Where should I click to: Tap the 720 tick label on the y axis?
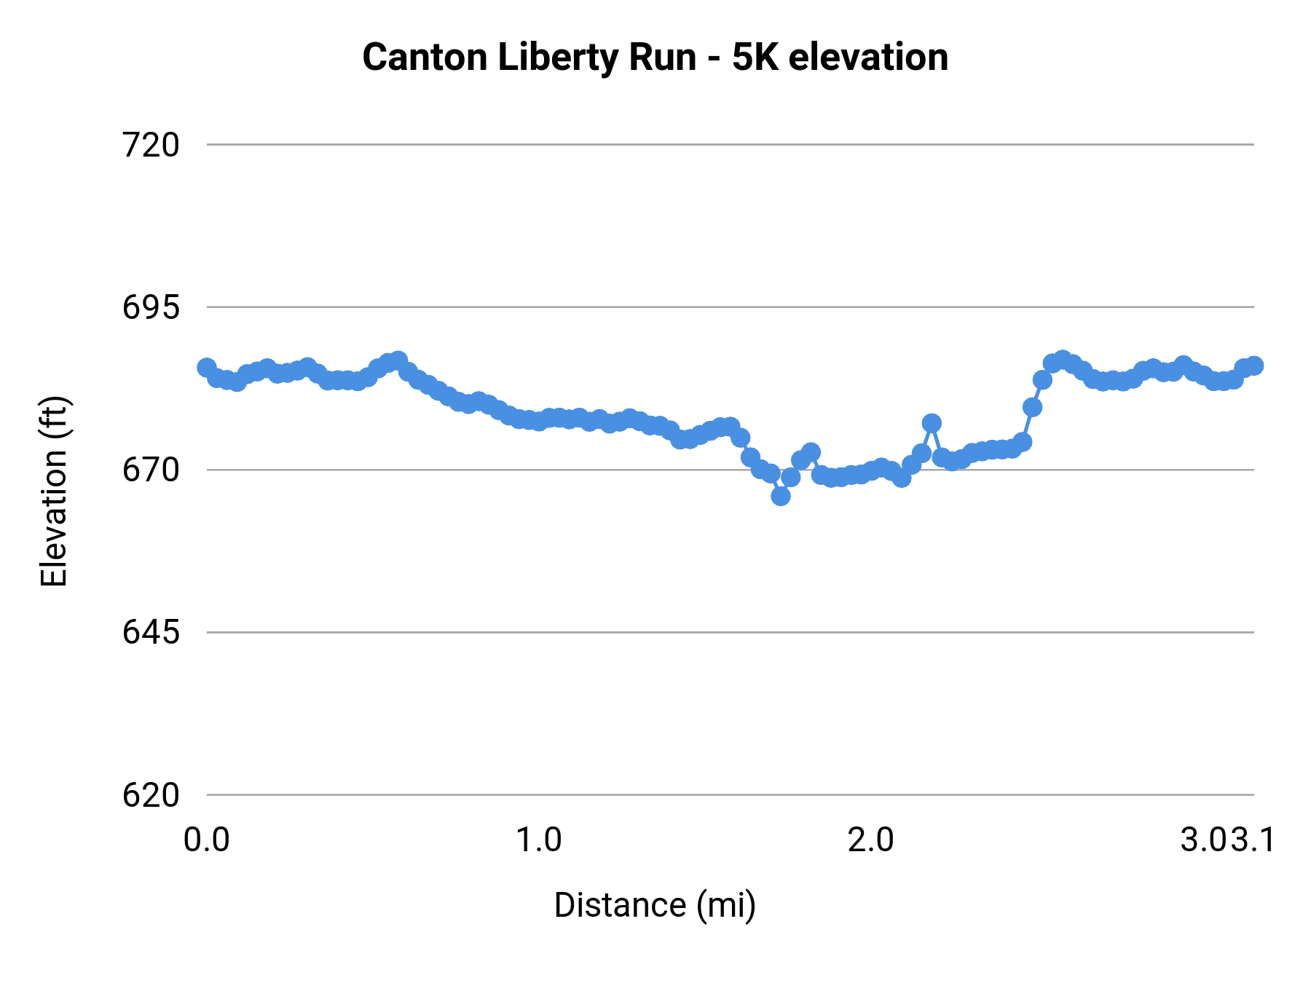pos(151,146)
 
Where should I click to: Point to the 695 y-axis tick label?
pos(151,308)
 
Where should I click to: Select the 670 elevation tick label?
pos(151,470)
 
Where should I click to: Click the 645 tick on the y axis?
pos(151,633)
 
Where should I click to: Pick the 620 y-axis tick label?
pos(151,795)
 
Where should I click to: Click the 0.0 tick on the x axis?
pos(207,840)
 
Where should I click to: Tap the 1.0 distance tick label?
pos(539,840)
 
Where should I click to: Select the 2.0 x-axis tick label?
pos(871,840)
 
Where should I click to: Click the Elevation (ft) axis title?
pos(54,491)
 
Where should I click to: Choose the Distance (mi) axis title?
pos(655,906)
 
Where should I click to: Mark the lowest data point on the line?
pos(781,496)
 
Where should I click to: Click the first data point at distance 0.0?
pos(207,367)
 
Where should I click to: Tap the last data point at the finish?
pos(1254,366)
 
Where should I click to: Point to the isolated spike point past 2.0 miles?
pos(932,423)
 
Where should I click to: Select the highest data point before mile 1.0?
pos(398,360)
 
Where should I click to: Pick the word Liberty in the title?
pos(557,58)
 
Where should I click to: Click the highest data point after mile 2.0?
pos(1063,359)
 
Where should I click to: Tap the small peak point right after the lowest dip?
pos(811,452)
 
